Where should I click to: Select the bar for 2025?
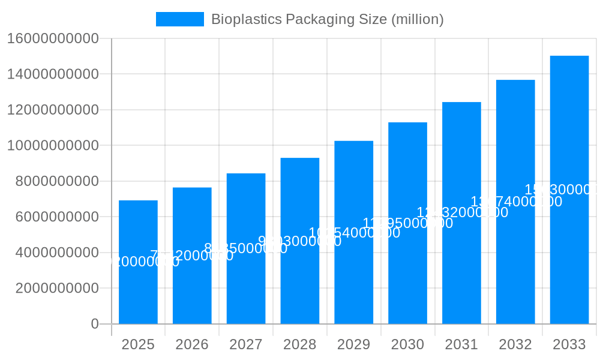coord(138,288)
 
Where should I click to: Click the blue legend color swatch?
coord(179,19)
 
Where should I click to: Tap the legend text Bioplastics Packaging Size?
coord(327,19)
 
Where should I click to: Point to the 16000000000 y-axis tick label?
coord(53,38)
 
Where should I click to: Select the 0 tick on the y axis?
coord(95,324)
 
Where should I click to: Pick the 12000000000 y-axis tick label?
coord(53,110)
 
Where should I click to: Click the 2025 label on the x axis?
coord(138,344)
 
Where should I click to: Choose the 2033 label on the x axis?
coord(569,344)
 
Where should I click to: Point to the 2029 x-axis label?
coord(353,344)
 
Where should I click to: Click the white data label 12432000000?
coord(462,212)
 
